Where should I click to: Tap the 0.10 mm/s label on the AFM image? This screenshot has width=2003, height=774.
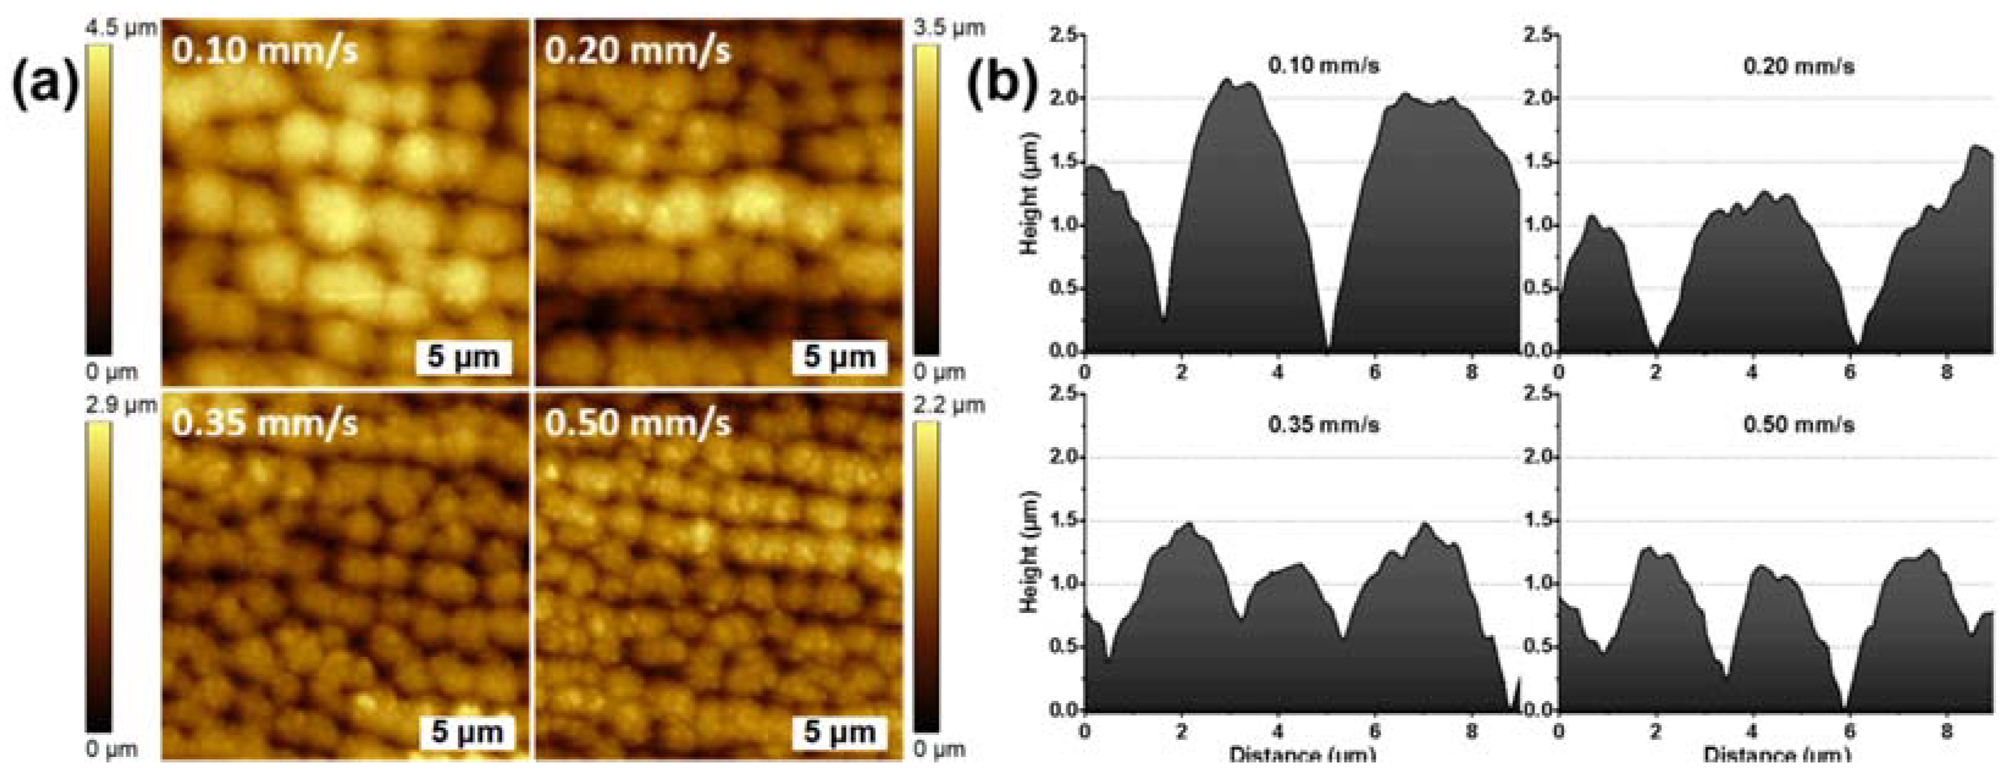264,51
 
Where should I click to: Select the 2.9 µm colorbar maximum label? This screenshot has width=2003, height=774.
120,405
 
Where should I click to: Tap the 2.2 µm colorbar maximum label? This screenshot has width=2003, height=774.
948,405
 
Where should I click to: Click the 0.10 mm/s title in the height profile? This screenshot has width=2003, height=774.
1323,65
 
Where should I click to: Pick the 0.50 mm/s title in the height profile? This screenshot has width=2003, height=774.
1798,425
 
